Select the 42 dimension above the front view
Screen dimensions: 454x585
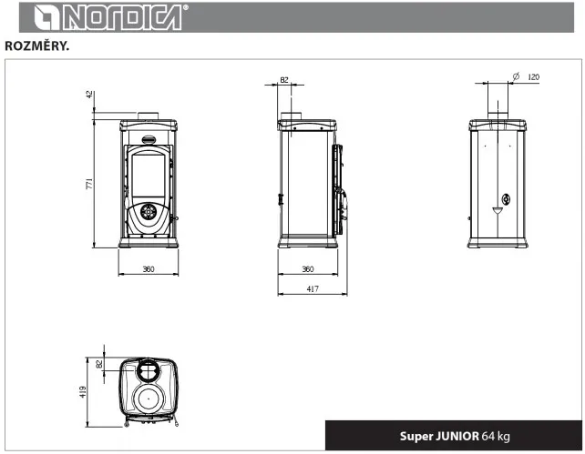click(x=90, y=95)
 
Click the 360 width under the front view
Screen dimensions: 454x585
click(x=149, y=270)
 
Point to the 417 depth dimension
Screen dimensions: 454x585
click(x=313, y=289)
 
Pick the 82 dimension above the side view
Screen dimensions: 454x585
click(x=284, y=80)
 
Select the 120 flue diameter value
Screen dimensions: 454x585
click(x=533, y=76)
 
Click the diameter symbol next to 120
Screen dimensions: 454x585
click(x=516, y=76)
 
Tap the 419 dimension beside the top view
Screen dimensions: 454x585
click(x=84, y=391)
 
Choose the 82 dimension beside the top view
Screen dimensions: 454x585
click(x=98, y=364)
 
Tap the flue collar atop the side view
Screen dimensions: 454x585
click(x=292, y=116)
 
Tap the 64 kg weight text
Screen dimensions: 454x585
click(x=497, y=436)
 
